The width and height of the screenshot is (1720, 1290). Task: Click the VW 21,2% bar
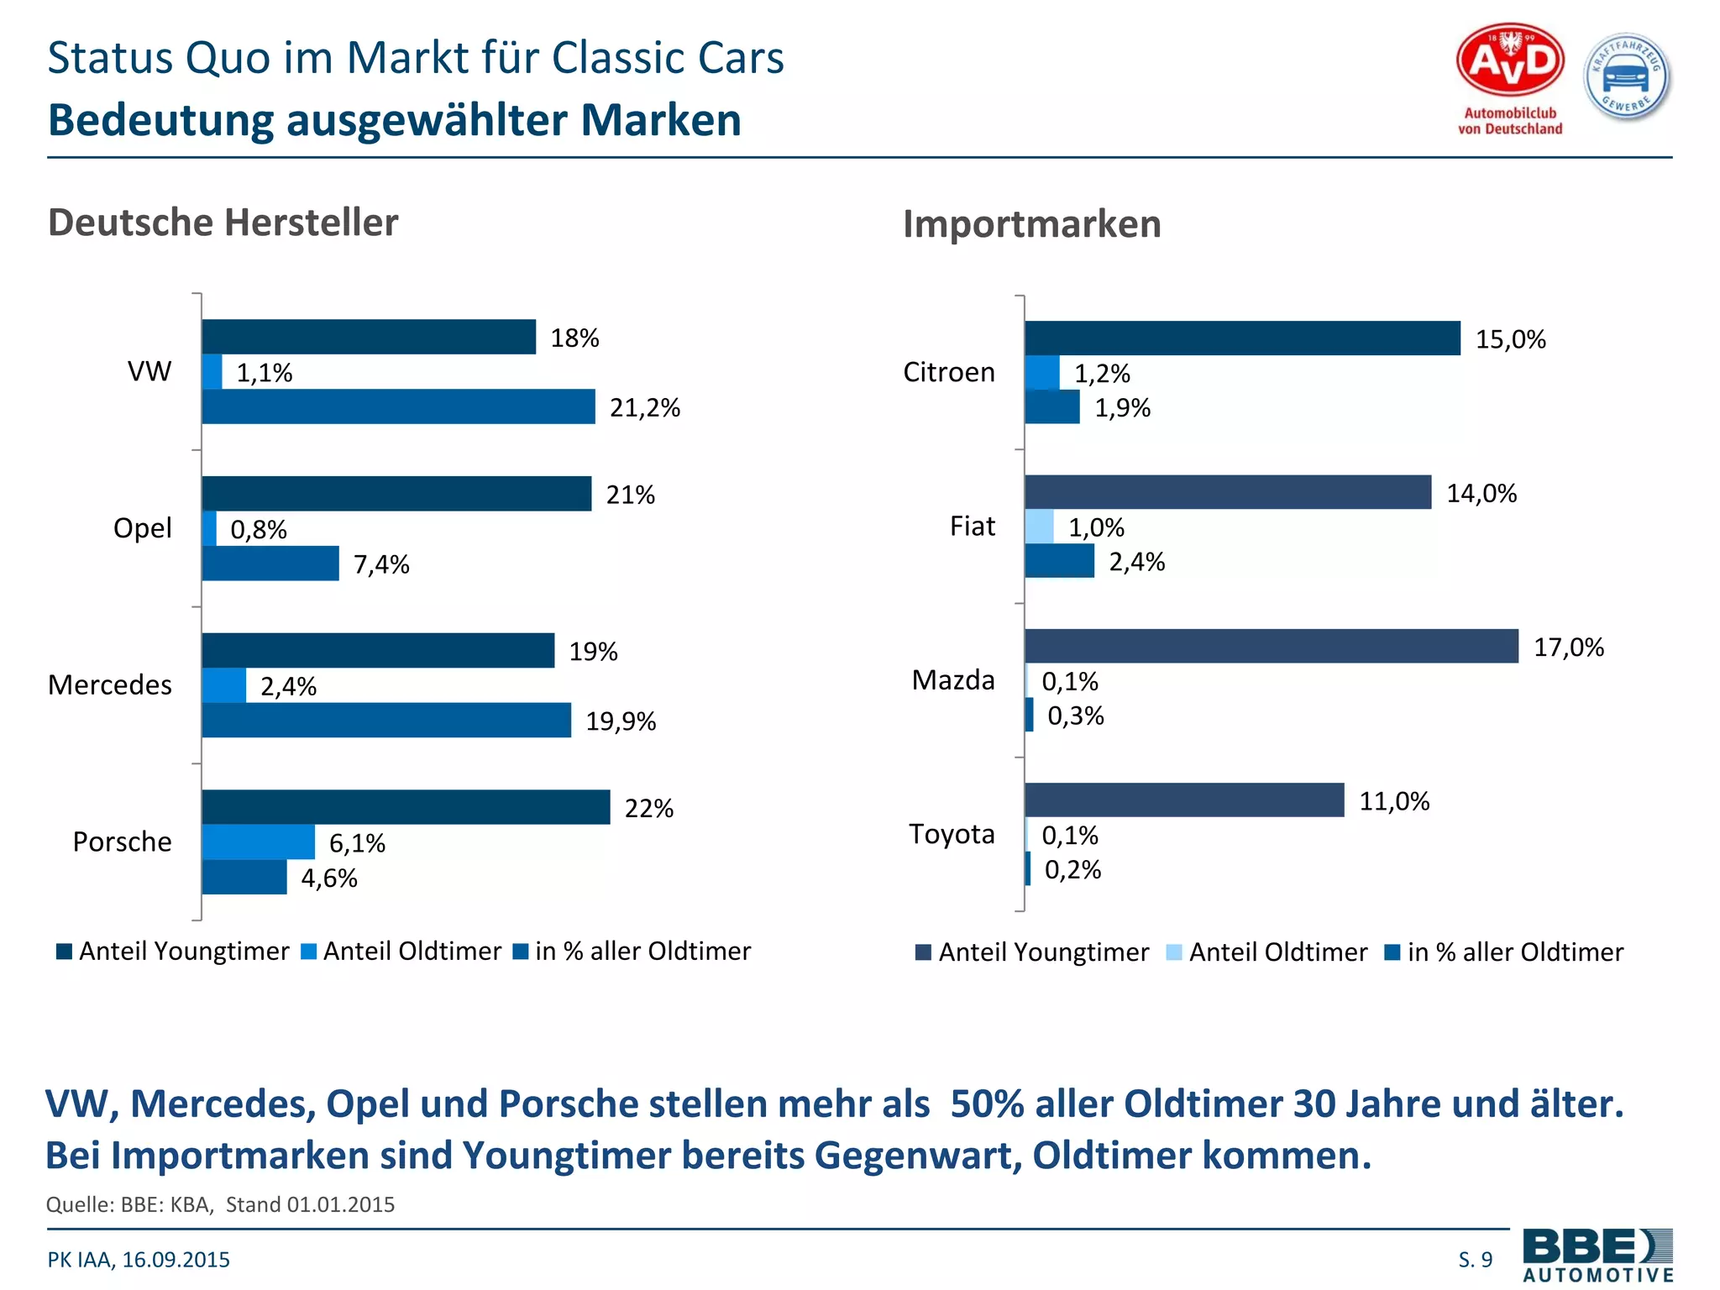398,406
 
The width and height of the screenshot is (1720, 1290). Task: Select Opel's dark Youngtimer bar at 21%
396,494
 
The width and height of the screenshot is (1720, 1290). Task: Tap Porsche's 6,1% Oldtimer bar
258,842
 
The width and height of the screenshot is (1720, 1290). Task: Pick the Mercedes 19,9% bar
386,721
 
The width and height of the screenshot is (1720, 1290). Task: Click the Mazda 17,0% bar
1271,646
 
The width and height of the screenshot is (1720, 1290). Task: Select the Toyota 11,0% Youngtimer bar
1184,800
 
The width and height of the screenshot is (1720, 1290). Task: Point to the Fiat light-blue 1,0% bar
1039,527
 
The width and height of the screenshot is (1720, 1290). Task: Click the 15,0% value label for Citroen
1510,339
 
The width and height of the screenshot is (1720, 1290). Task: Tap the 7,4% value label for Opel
381,564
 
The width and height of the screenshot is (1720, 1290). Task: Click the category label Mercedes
110,684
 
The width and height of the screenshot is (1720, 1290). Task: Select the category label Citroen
948,372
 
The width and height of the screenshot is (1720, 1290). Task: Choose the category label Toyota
952,834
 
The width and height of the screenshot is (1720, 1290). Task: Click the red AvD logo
1510,61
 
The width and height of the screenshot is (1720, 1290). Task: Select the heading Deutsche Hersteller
223,223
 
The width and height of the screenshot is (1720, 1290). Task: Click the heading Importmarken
1031,224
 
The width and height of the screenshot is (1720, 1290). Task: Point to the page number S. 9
1476,1260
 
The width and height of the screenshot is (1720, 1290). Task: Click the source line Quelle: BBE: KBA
220,1204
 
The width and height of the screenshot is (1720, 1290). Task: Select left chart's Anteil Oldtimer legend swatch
309,952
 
